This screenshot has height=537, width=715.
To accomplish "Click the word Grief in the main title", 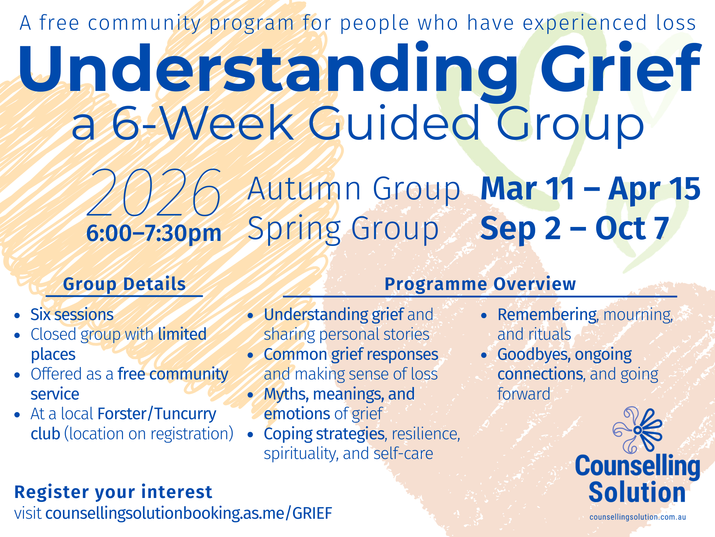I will click(620, 70).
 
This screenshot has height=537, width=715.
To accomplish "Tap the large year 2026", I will click(154, 193).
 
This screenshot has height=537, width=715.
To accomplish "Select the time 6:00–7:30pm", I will click(154, 233).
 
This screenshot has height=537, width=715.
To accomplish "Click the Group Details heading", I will click(124, 284).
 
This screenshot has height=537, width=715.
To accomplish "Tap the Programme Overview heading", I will click(480, 284).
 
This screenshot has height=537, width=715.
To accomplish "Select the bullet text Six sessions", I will click(72, 315).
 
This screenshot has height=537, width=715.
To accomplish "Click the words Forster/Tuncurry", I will click(157, 414).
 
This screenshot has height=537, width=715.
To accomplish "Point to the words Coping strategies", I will click(324, 434).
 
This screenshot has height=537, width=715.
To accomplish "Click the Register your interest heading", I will click(113, 492).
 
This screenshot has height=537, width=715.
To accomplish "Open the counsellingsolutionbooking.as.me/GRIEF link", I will click(189, 513).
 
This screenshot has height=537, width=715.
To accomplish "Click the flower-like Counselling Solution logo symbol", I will click(637, 429).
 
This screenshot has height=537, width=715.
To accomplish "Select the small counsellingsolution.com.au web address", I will click(637, 517).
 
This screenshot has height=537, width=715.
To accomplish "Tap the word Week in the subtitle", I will click(228, 124).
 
